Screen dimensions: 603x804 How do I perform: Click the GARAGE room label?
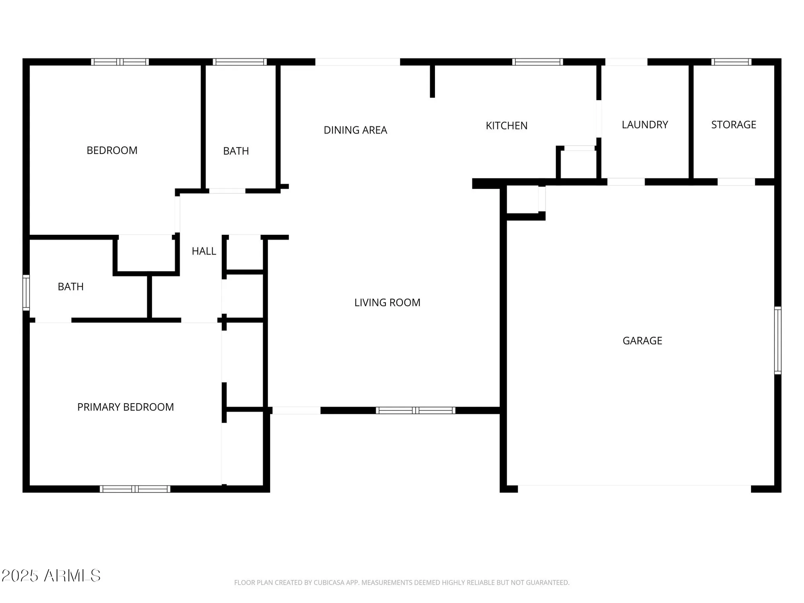coord(642,341)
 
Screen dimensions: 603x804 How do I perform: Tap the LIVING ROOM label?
coord(387,302)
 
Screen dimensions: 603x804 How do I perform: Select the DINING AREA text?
coord(355,130)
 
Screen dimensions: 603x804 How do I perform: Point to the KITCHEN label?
coord(507,126)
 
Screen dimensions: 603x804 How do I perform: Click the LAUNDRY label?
coord(645,125)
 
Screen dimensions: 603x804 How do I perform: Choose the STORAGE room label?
coord(734,125)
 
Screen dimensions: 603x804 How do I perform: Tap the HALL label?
coord(204,251)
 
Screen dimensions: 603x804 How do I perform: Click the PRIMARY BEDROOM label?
coord(125,407)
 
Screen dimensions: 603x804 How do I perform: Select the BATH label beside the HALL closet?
coord(71,287)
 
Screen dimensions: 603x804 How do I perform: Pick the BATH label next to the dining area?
coord(236,151)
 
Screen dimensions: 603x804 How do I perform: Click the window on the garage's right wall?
coord(777,340)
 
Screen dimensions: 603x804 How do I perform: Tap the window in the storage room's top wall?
coord(731,62)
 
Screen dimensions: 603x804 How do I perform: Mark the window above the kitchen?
coord(537,62)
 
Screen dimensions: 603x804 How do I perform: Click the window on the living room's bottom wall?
coord(415,410)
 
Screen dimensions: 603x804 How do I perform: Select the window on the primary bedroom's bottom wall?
coord(135,489)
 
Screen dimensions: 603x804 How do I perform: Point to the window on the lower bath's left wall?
coord(26,293)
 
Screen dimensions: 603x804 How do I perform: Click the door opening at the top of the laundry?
coord(626,62)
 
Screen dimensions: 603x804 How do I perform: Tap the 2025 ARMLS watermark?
coord(51,576)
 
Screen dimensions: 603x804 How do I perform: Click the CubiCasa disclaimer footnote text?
coord(402,582)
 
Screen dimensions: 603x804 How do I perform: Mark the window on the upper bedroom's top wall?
coord(120,62)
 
